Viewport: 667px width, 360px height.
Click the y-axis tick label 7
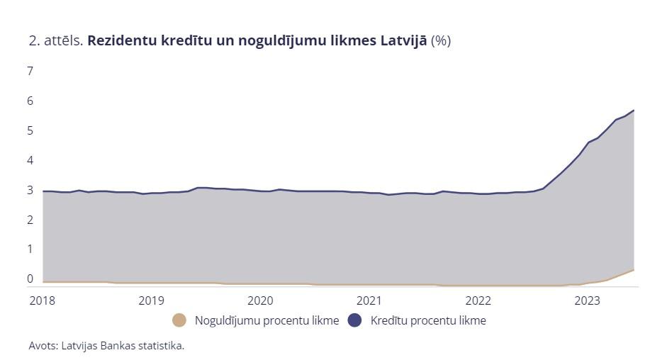pyautogui.click(x=30, y=71)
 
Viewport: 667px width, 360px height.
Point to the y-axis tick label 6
pyautogui.click(x=30, y=101)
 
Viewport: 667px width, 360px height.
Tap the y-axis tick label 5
pyautogui.click(x=30, y=130)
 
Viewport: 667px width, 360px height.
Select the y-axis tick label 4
pyautogui.click(x=30, y=160)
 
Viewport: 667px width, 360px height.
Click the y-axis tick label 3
pyautogui.click(x=30, y=190)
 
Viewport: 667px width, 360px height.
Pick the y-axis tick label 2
pyautogui.click(x=30, y=220)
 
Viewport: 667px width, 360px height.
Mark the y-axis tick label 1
pyautogui.click(x=30, y=249)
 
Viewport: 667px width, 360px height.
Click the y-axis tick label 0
pyautogui.click(x=30, y=279)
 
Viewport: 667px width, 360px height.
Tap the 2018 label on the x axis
pyautogui.click(x=42, y=300)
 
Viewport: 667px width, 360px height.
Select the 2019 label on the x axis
pyautogui.click(x=151, y=300)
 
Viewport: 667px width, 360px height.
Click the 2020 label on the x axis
pyautogui.click(x=260, y=300)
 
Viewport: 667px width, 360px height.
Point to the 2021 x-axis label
pyautogui.click(x=369, y=300)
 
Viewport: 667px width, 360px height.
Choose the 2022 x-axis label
pyautogui.click(x=478, y=300)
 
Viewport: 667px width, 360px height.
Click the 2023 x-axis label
pyautogui.click(x=588, y=300)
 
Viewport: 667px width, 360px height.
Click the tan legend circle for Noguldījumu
pyautogui.click(x=180, y=321)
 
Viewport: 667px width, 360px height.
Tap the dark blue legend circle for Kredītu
pyautogui.click(x=355, y=321)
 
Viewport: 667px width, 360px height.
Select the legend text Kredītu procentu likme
pyautogui.click(x=428, y=321)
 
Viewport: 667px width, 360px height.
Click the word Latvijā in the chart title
pyautogui.click(x=403, y=41)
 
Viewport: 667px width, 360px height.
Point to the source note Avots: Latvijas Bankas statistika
pyautogui.click(x=106, y=346)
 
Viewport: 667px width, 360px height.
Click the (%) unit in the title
pyautogui.click(x=441, y=41)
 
